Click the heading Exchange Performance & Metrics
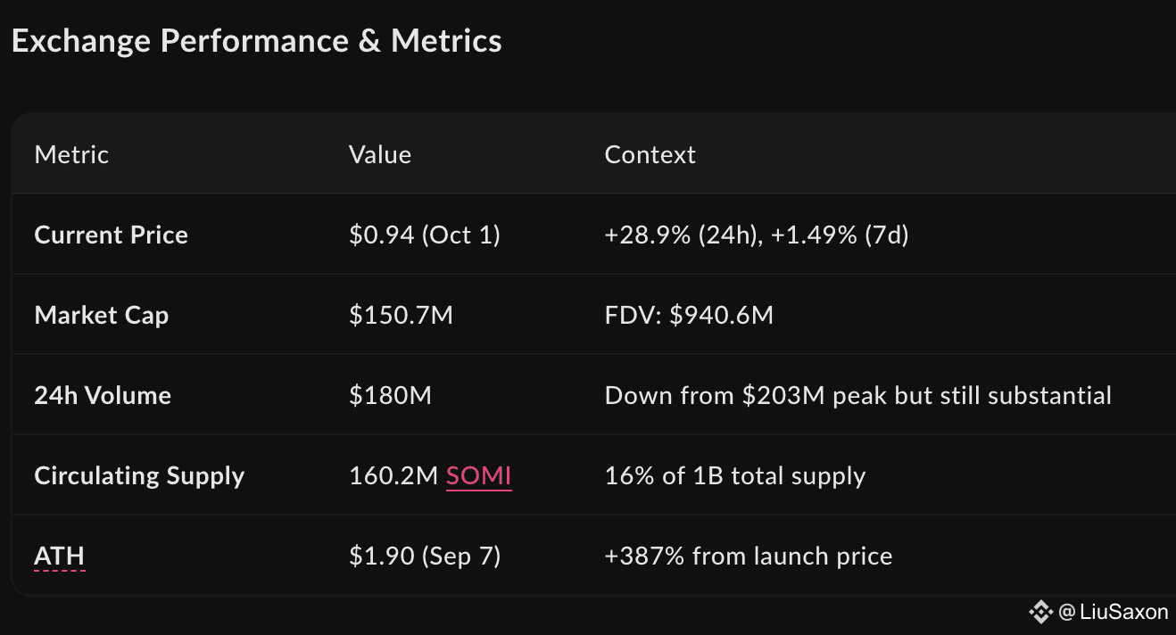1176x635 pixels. pyautogui.click(x=256, y=41)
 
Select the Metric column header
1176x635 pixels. pyautogui.click(x=71, y=155)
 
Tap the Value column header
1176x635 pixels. pyautogui.click(x=380, y=155)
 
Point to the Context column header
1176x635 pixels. pyautogui.click(x=650, y=155)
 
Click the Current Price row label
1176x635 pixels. pyautogui.click(x=111, y=235)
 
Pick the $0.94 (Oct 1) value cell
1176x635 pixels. pyautogui.click(x=425, y=235)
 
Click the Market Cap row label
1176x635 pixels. pyautogui.click(x=101, y=316)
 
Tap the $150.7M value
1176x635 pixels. pyautogui.click(x=401, y=316)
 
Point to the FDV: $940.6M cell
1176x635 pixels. pyautogui.click(x=689, y=316)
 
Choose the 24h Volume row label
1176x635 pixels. pyautogui.click(x=103, y=396)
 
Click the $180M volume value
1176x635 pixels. pyautogui.click(x=390, y=396)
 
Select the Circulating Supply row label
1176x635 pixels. pyautogui.click(x=139, y=476)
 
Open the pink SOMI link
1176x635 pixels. pyautogui.click(x=479, y=476)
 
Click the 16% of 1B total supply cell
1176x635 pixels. pyautogui.click(x=735, y=476)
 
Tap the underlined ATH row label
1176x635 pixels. pyautogui.click(x=59, y=557)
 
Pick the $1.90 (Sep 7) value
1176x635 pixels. pyautogui.click(x=425, y=557)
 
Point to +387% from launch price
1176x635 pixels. pyautogui.click(x=749, y=557)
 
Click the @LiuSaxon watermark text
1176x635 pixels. pyautogui.click(x=1113, y=612)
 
